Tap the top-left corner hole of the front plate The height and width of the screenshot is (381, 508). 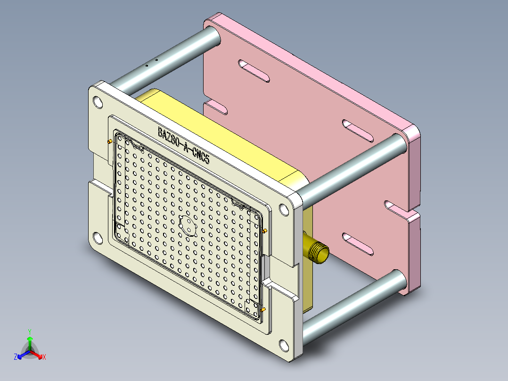(x=98, y=101)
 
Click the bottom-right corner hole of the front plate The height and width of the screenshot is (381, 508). (x=284, y=345)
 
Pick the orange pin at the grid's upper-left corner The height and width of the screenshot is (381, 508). (x=110, y=141)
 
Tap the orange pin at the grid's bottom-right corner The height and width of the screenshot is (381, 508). (x=263, y=310)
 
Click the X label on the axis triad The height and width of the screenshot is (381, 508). (x=44, y=357)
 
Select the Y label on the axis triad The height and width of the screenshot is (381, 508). (x=30, y=331)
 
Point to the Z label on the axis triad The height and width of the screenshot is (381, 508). (x=16, y=357)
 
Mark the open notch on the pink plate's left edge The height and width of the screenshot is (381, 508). (x=214, y=107)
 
